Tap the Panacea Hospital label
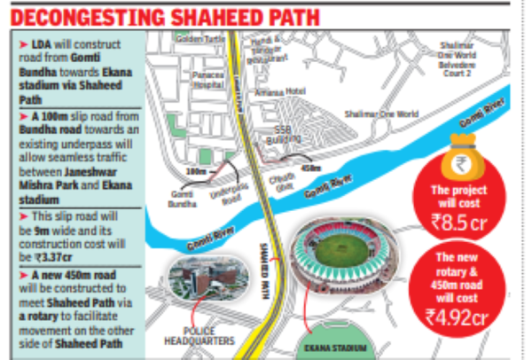(210, 79)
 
